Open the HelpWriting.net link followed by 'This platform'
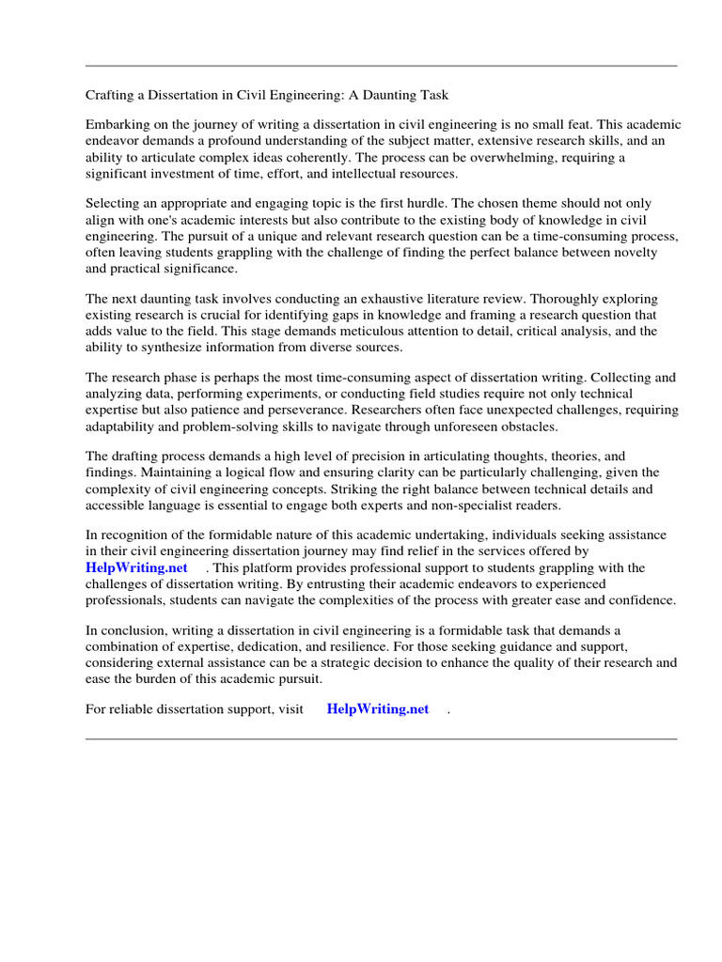(x=136, y=567)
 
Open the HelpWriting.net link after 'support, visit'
(x=378, y=709)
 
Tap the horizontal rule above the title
(x=381, y=66)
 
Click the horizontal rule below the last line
(x=381, y=738)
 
